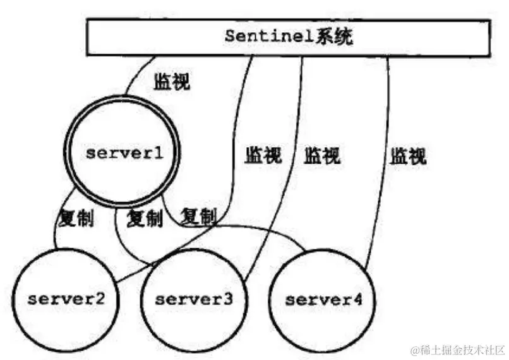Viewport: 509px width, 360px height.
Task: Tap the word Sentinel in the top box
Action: (266, 36)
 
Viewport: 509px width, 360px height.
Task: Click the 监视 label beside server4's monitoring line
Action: (408, 155)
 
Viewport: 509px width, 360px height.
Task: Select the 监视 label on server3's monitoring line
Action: (322, 155)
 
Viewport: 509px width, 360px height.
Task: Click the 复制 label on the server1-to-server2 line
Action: (76, 219)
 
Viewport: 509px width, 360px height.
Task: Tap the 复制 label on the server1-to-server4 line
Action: (198, 217)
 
